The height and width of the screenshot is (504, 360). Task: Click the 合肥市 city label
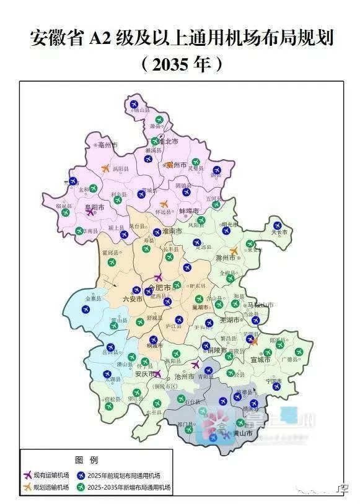click(x=159, y=287)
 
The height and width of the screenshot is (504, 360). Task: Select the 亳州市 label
click(x=107, y=144)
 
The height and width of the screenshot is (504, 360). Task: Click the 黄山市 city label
click(x=242, y=435)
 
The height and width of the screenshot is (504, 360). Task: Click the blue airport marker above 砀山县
click(x=134, y=104)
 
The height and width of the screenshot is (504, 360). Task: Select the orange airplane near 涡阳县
click(x=105, y=167)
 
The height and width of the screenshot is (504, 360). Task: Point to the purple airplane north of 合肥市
click(x=158, y=277)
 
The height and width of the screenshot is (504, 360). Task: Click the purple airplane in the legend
click(x=27, y=475)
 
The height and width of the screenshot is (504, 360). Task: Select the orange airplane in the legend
click(x=27, y=487)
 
